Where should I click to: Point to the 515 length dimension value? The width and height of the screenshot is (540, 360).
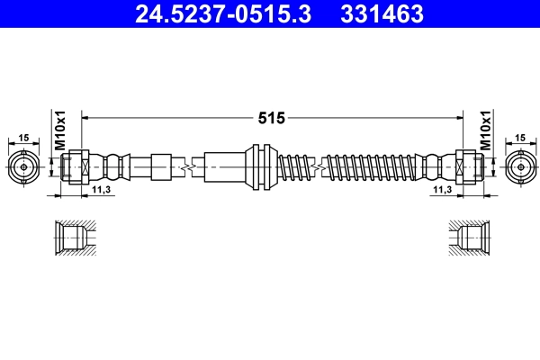272,118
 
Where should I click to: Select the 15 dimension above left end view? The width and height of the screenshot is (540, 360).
23,138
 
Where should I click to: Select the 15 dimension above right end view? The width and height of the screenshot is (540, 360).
520,138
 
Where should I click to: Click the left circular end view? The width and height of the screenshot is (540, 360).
23,166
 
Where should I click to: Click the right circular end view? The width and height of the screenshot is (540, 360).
520,166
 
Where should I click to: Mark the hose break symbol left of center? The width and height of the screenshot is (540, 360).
188,166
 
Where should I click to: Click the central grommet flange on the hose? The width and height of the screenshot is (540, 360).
260,166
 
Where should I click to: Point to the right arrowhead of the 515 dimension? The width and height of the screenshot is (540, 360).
458,118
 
